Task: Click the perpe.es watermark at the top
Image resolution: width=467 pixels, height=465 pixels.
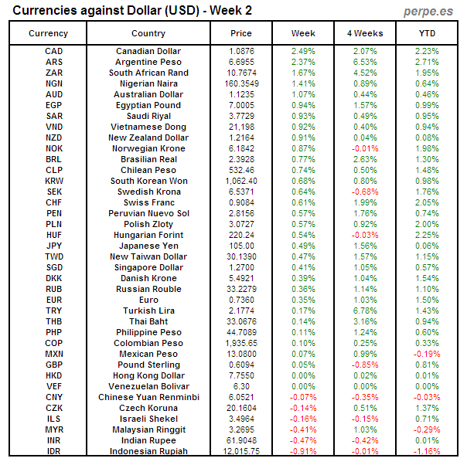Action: click(428, 11)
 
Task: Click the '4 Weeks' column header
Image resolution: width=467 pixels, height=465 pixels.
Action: click(365, 33)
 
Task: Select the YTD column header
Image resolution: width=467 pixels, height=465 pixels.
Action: click(427, 33)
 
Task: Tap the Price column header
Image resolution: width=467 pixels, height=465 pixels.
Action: click(241, 33)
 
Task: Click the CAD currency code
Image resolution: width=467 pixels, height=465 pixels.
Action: click(54, 51)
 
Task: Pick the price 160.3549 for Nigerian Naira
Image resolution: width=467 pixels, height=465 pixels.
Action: click(241, 83)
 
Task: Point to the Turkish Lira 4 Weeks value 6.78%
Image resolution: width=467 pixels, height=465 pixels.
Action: click(365, 311)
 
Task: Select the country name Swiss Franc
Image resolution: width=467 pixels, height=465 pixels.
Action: click(148, 202)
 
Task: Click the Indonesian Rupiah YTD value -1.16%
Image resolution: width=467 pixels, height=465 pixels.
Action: click(427, 451)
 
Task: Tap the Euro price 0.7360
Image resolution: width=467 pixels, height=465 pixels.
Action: click(241, 300)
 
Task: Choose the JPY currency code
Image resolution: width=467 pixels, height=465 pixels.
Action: click(54, 246)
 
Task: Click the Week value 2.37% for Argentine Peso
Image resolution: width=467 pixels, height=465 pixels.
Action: click(303, 62)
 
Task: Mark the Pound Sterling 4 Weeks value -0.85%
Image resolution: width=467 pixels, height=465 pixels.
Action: click(365, 365)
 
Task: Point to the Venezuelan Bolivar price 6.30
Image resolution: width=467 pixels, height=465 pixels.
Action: click(241, 386)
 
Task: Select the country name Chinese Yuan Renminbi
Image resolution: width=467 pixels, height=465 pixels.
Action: click(148, 397)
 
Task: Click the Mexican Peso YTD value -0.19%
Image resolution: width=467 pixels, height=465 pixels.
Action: click(427, 354)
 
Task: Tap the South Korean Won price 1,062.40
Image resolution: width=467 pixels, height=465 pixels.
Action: click(241, 181)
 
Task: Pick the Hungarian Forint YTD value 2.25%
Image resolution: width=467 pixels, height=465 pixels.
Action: click(427, 235)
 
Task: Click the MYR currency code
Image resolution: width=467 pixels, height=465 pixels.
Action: click(54, 429)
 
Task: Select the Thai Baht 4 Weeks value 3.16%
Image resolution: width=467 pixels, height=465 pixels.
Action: click(365, 321)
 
